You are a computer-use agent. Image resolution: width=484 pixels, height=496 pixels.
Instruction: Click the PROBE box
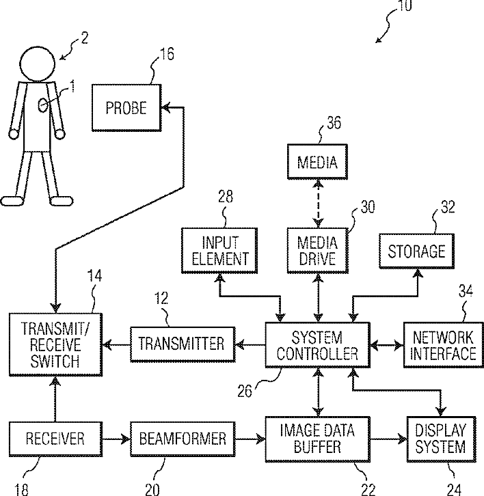(126, 107)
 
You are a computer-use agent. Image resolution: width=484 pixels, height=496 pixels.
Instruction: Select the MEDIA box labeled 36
(317, 162)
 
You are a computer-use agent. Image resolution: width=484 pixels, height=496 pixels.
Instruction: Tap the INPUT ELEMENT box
(219, 251)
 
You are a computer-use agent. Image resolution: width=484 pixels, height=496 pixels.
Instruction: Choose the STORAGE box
(417, 251)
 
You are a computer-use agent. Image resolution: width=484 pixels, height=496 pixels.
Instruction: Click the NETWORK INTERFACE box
(444, 345)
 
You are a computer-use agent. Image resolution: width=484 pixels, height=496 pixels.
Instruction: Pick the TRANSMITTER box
(183, 344)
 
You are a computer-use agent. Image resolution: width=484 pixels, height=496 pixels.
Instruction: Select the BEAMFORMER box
(183, 439)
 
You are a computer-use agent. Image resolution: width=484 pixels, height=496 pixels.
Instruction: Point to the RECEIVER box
(55, 439)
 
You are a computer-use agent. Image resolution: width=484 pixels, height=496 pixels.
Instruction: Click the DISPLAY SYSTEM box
(441, 439)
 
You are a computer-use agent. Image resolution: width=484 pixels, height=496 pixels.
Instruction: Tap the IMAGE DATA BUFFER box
(317, 439)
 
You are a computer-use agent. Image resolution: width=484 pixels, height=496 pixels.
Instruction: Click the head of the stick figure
(38, 64)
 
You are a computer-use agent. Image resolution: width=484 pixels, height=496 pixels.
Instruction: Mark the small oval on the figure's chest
(42, 105)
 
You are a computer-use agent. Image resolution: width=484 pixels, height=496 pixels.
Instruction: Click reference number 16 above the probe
(167, 54)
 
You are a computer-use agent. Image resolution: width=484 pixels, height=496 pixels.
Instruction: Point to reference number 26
(245, 391)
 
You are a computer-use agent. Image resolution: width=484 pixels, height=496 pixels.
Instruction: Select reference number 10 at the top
(405, 5)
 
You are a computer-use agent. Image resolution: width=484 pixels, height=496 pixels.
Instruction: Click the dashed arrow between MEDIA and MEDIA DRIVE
(318, 204)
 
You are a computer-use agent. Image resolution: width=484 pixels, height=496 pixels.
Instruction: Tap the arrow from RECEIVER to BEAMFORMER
(116, 439)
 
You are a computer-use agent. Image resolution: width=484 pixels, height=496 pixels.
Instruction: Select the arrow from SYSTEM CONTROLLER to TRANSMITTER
(250, 345)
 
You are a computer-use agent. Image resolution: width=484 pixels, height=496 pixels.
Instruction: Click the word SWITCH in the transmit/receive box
(55, 361)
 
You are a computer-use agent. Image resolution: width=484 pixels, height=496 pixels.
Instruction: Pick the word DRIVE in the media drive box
(317, 259)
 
